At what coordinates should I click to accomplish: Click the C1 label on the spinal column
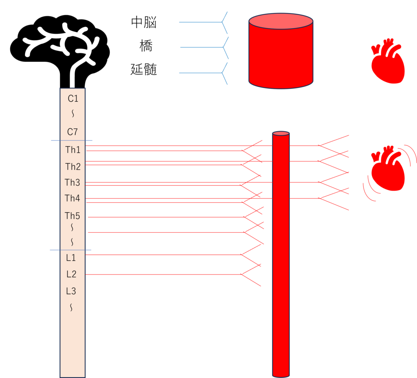[73, 99]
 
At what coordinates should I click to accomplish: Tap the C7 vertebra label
[72, 132]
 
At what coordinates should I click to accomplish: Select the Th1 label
[73, 150]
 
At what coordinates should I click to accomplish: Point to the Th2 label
[73, 167]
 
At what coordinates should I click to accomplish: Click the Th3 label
[72, 182]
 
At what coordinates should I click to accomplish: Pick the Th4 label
[72, 198]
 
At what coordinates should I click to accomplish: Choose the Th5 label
[72, 215]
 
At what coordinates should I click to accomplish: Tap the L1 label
[71, 258]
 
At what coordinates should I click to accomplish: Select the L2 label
[71, 275]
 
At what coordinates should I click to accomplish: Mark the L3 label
[71, 291]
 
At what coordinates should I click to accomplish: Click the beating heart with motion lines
[388, 169]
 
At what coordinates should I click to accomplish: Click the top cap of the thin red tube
[281, 134]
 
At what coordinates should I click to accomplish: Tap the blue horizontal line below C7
[72, 141]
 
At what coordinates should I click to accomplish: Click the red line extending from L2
[163, 275]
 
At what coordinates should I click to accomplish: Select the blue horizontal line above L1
[70, 250]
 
